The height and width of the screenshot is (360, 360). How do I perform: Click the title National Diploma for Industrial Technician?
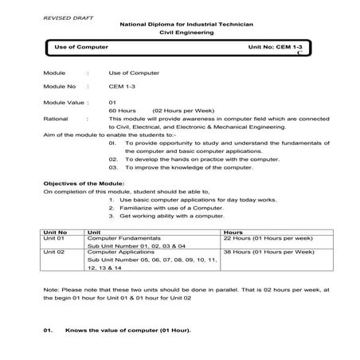186,25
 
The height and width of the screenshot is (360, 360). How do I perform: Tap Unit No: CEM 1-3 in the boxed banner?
276,48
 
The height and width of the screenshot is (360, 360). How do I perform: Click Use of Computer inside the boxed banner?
81,48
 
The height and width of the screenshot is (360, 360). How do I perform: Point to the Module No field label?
60,85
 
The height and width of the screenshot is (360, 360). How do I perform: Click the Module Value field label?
63,102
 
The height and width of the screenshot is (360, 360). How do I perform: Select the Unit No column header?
57,231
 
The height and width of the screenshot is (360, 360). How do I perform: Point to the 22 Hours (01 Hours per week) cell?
268,238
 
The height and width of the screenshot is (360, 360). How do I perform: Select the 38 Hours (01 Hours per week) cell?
268,252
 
